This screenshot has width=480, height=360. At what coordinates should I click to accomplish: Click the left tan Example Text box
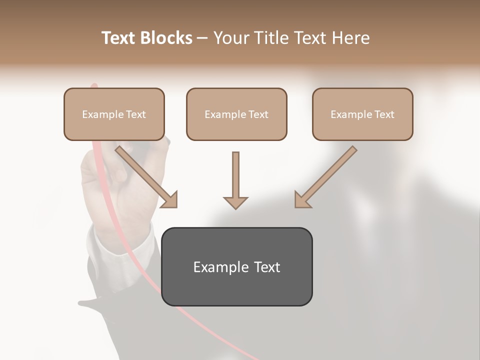click(x=114, y=114)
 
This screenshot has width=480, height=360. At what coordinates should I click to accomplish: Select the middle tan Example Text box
click(x=236, y=114)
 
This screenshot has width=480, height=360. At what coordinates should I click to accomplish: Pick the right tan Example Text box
click(x=362, y=114)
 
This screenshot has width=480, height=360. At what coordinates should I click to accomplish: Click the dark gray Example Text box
click(x=236, y=266)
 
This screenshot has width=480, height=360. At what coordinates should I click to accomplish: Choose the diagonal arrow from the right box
click(x=328, y=175)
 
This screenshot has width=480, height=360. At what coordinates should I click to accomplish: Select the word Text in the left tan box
click(x=136, y=114)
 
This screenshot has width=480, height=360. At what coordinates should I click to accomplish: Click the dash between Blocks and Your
click(x=202, y=38)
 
